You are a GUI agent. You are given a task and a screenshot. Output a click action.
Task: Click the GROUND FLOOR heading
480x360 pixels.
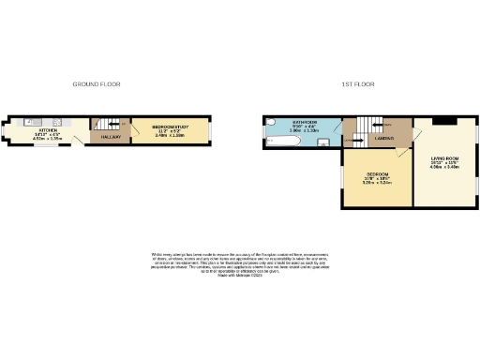(94, 84)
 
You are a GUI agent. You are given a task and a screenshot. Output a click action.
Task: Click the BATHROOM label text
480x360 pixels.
(305, 123)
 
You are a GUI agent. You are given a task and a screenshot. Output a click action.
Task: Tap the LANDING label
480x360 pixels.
(383, 139)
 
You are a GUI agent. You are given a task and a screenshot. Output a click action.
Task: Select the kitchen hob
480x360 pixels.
(57, 122)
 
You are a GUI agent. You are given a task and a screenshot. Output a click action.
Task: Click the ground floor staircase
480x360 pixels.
(103, 124)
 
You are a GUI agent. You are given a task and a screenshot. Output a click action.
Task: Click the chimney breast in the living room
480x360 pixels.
(445, 121)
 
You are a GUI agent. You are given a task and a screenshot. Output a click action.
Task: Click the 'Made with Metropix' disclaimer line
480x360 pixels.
(239, 276)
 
